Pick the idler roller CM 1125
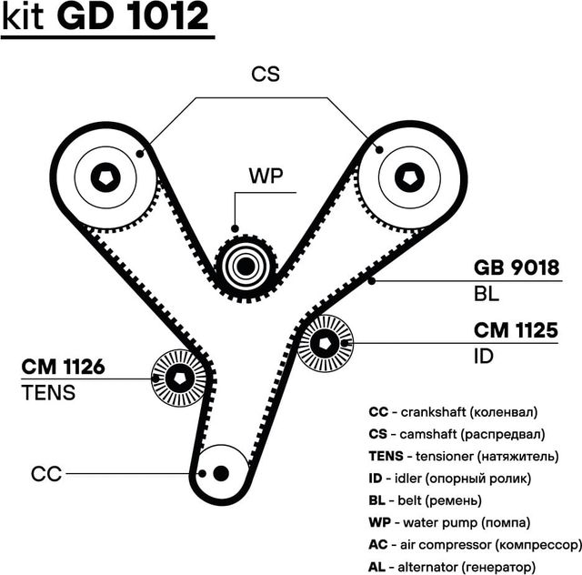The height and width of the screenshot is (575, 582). (326, 342)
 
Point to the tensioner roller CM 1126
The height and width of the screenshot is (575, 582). (178, 378)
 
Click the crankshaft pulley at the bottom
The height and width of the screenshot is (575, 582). (221, 471)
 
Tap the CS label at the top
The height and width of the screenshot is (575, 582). (265, 75)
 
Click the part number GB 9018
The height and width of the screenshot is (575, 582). (516, 269)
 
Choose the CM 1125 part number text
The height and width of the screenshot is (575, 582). (515, 330)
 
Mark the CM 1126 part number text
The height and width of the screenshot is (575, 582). (63, 368)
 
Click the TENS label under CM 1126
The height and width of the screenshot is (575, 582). (47, 394)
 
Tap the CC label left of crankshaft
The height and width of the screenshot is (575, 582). (45, 474)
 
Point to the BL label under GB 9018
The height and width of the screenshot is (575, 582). (487, 295)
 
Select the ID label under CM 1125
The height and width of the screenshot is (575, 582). (484, 356)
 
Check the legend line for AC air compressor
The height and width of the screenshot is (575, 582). (474, 544)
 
